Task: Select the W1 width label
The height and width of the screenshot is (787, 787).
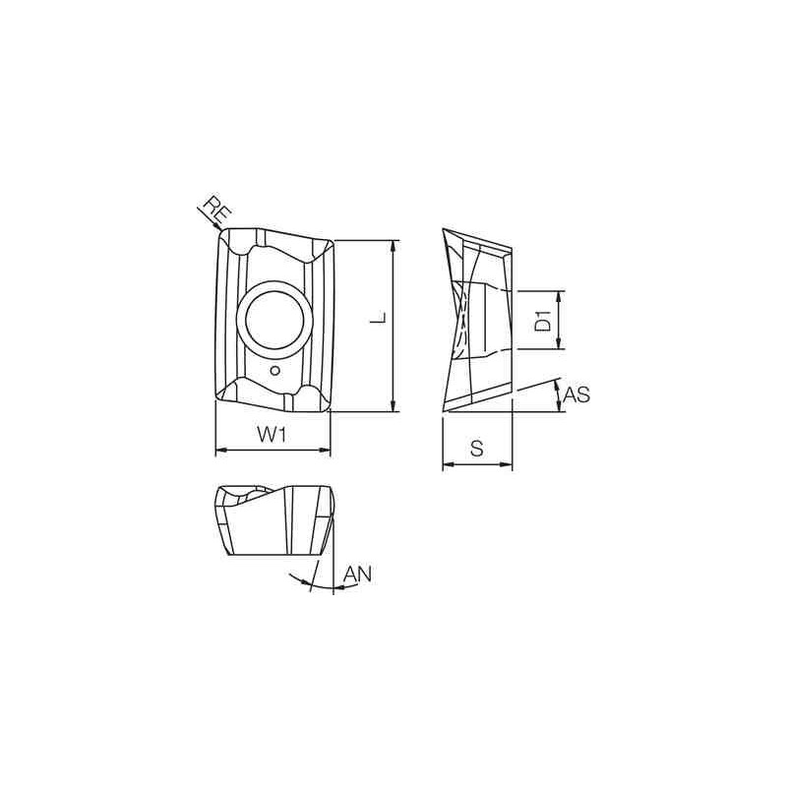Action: tap(272, 434)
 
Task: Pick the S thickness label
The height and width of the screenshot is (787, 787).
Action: tap(477, 449)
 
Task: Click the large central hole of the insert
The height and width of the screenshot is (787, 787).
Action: tap(277, 321)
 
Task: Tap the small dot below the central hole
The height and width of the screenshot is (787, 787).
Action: tap(277, 371)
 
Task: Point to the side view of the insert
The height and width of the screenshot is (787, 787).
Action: tap(477, 320)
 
